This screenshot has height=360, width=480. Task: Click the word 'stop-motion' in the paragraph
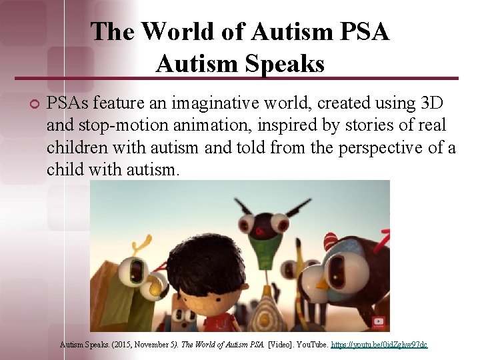pyautogui.click(x=107, y=125)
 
